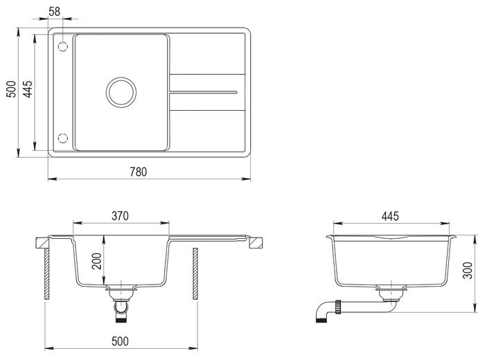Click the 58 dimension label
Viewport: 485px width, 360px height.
click(55, 12)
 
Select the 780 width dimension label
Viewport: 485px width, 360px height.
click(138, 172)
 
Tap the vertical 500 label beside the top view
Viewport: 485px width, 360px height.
click(11, 89)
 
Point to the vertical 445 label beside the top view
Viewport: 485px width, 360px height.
click(28, 89)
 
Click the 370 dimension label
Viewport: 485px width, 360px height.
click(120, 216)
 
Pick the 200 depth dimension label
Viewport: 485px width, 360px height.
click(96, 261)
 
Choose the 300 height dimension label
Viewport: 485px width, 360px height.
click(468, 271)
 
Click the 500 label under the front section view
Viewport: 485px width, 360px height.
click(120, 341)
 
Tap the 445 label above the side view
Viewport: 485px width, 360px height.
click(390, 216)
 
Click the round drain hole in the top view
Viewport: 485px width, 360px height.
click(121, 92)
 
